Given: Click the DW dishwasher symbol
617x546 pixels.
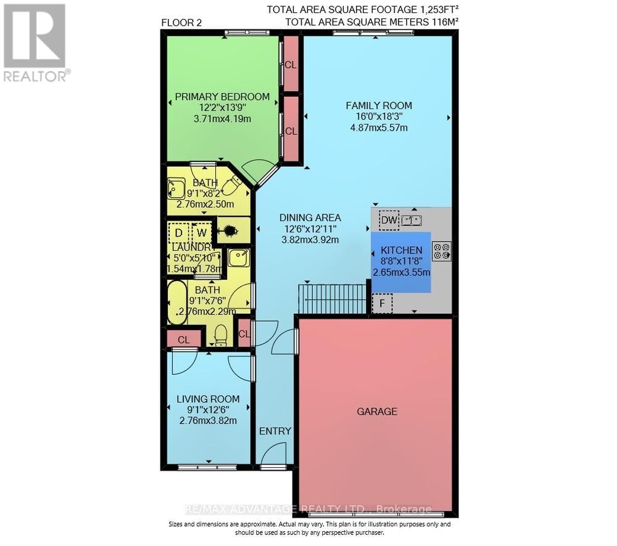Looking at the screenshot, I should tap(389, 220).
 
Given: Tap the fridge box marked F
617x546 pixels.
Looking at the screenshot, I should tap(382, 303).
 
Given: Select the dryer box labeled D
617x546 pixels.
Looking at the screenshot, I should tap(178, 233).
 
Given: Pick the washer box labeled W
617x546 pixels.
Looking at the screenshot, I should tap(201, 233).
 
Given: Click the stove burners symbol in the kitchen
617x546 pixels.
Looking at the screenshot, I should tap(442, 251).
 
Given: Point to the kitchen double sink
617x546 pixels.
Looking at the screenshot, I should tap(412, 220).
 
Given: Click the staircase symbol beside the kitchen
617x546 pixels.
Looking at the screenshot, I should tap(333, 299).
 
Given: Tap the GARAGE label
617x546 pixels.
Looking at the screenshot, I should tap(376, 411).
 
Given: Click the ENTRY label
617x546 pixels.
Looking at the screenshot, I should tap(275, 431).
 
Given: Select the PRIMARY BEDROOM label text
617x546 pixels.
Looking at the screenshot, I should tap(222, 97).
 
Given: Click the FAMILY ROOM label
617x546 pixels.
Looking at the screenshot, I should tap(378, 105).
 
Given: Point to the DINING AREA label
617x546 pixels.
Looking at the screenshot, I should tap(310, 218).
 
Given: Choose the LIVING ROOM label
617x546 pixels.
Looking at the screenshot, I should tap(208, 399).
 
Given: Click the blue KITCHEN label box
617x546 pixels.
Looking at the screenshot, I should tap(401, 261).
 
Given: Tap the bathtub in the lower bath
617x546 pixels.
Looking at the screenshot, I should tap(177, 303).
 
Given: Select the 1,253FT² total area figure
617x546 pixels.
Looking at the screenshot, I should tap(432, 9).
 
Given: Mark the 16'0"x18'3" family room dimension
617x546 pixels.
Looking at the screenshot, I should tap(378, 117).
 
